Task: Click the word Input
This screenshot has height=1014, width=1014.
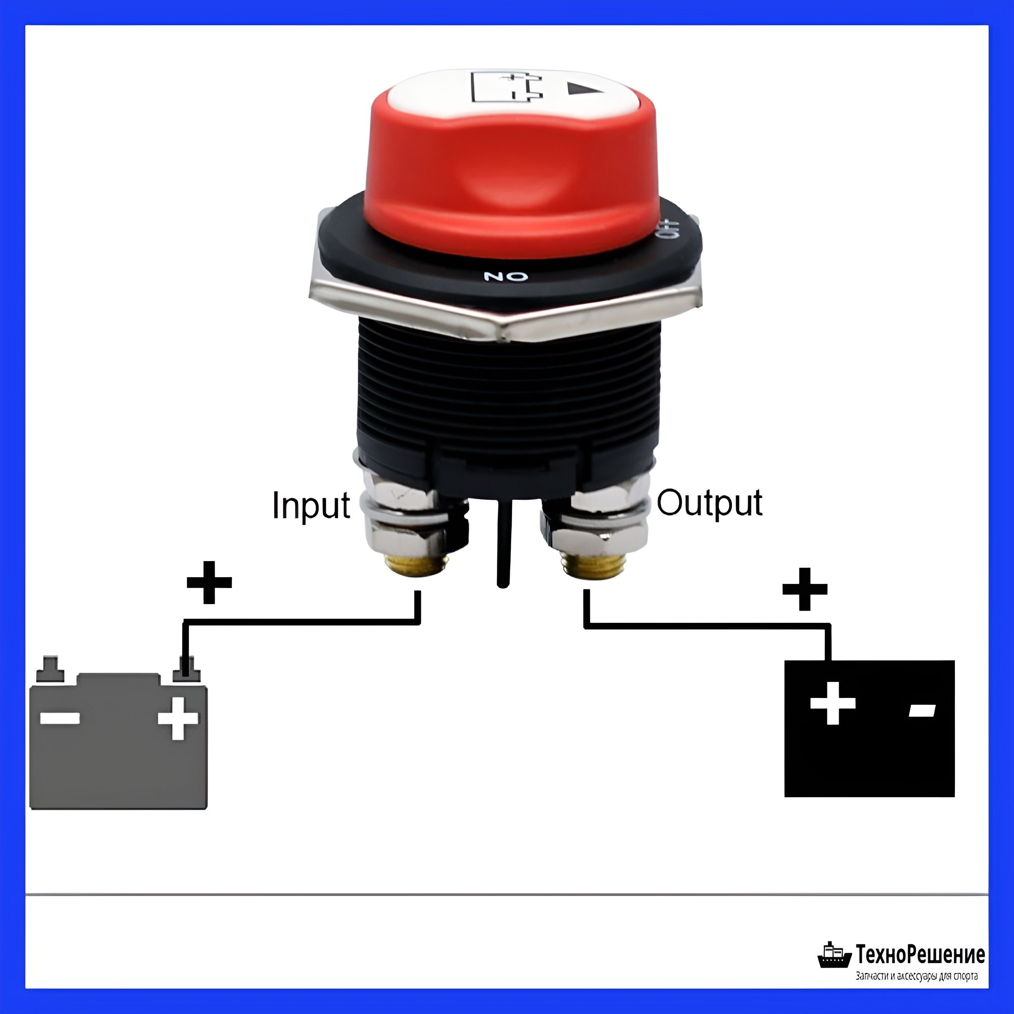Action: pyautogui.click(x=311, y=505)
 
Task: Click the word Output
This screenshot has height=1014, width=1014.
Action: pyautogui.click(x=710, y=503)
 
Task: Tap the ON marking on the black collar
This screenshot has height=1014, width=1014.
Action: pyautogui.click(x=505, y=276)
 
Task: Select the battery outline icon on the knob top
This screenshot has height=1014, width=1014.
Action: pyautogui.click(x=507, y=87)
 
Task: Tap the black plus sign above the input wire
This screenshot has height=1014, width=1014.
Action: pyautogui.click(x=209, y=582)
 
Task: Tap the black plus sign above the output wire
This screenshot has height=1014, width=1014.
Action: pyautogui.click(x=804, y=589)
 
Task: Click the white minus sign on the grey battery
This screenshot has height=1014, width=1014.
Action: pyautogui.click(x=60, y=718)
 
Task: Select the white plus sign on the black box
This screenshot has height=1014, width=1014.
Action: pyautogui.click(x=833, y=703)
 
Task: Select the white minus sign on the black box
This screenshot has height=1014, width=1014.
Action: pyautogui.click(x=922, y=711)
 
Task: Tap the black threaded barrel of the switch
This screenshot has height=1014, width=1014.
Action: pyautogui.click(x=507, y=388)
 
